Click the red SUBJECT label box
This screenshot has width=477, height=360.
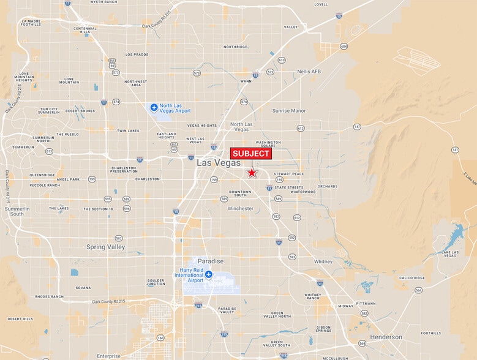pos(250,154)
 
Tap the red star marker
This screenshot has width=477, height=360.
pos(252,173)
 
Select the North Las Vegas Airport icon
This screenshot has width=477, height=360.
pos(154,108)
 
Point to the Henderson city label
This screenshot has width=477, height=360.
pos(386,337)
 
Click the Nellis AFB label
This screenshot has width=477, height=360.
pos(308,71)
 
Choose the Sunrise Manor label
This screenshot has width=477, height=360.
pos(288,111)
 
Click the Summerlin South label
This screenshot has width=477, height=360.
pos(14,211)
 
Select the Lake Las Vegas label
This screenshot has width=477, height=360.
pos(450,254)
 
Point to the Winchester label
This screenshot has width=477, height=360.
pos(240,209)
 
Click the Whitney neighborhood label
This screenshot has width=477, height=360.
pos(323,261)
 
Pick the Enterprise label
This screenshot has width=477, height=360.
pos(109,356)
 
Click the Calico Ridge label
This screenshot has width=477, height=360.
pos(411,278)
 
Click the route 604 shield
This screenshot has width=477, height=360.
pos(344,46)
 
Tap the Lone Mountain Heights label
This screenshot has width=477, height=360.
pos(25,77)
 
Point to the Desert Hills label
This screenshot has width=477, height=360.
pos(20,319)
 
